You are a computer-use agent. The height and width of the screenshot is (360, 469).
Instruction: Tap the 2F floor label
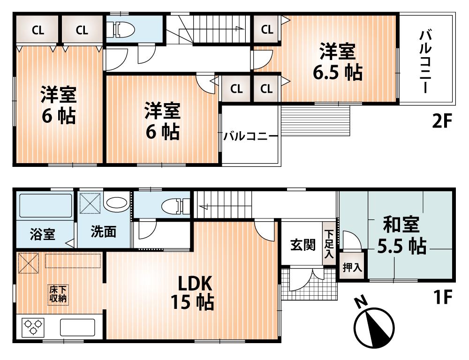[441, 122]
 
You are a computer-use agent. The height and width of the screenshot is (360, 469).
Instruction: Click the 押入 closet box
[352, 268]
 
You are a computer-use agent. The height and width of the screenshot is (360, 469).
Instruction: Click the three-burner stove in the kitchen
[32, 327]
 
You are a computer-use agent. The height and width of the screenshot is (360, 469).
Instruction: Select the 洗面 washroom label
[103, 232]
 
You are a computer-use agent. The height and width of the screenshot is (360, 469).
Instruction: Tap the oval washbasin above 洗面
[116, 203]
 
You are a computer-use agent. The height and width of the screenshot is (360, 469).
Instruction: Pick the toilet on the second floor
[123, 30]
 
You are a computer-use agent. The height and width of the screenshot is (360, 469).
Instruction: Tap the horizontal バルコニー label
[250, 136]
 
